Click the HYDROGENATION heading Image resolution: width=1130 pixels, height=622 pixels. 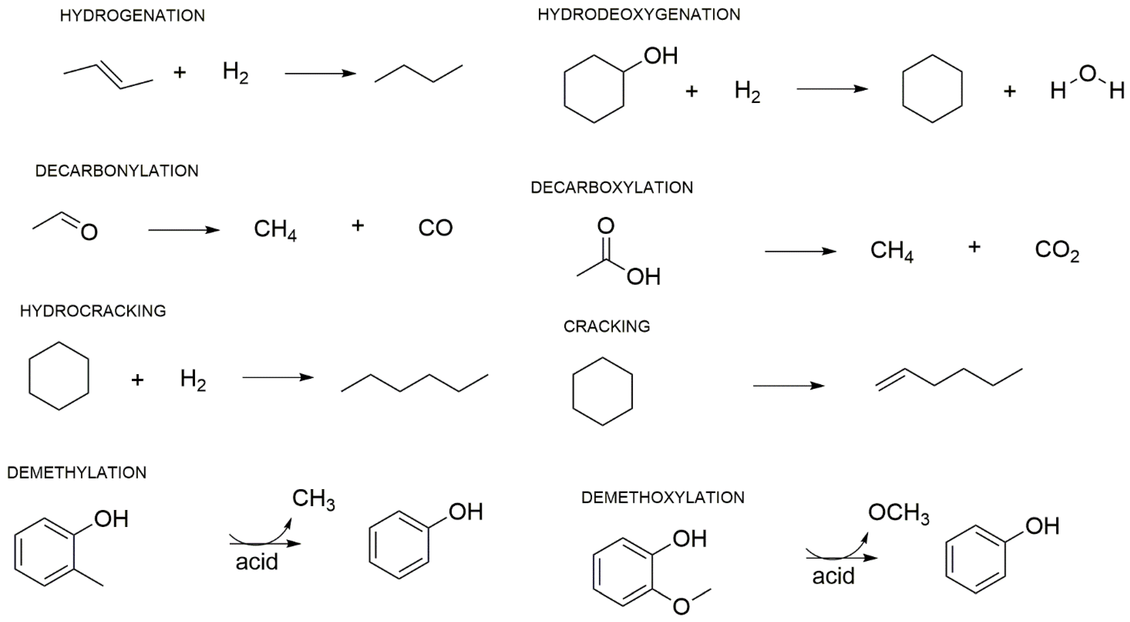coord(133,16)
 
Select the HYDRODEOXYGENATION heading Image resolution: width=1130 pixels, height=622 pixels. coord(639,14)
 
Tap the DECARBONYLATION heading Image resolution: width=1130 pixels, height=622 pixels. coord(117,171)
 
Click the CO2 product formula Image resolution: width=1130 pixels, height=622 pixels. coord(1057,250)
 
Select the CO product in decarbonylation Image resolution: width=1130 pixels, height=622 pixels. coord(435,228)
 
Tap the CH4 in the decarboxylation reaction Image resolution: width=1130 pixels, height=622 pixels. coord(891,251)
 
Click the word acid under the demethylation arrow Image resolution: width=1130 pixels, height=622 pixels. coord(257,562)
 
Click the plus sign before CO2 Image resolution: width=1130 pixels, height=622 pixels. coord(974,247)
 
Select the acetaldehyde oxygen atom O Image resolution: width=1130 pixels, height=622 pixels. coord(89,232)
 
